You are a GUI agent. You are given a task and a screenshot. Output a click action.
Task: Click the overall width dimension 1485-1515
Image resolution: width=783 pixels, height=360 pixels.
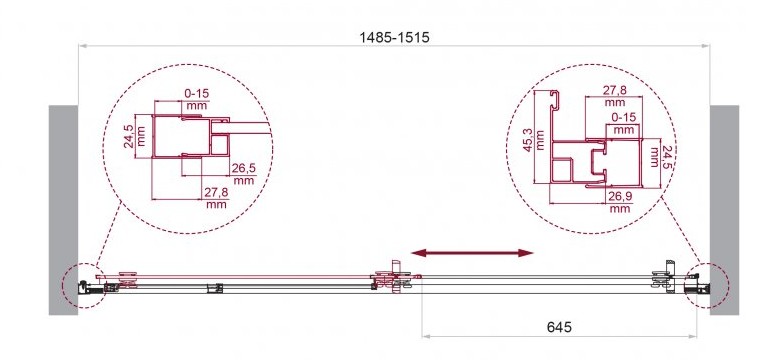point(394,37)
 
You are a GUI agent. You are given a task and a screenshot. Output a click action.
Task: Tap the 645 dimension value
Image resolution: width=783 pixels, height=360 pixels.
point(559,327)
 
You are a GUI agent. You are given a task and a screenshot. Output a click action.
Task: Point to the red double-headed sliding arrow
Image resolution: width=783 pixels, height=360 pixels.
point(472,253)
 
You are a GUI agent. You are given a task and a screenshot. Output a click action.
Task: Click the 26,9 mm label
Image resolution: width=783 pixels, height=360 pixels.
point(620,202)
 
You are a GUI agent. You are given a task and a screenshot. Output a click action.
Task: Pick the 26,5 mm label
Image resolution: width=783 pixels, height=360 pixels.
point(243,174)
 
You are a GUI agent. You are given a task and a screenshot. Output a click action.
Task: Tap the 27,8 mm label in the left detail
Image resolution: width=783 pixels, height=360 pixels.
point(217,198)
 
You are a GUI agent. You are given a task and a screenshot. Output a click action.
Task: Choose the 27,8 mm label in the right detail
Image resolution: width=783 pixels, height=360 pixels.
point(615,96)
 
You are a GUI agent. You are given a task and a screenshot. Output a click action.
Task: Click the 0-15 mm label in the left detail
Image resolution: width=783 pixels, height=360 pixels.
point(197,99)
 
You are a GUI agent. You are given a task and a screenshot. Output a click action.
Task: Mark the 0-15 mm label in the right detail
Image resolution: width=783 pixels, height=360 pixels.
point(624,123)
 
